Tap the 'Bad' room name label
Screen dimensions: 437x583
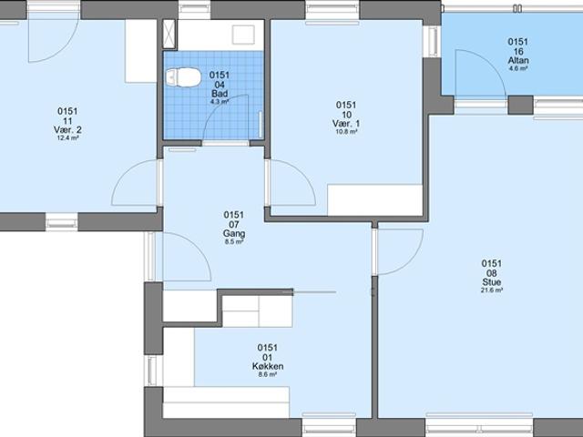[x=219, y=93]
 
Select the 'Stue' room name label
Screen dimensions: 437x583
[x=492, y=283]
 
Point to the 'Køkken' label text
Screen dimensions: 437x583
[x=268, y=367]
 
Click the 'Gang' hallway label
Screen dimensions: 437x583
[x=234, y=234]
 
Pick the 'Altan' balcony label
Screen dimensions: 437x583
[x=518, y=61]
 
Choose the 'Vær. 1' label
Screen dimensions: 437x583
[x=346, y=124]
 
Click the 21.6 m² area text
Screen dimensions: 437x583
[x=492, y=290]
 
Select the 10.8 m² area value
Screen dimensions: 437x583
[x=346, y=132]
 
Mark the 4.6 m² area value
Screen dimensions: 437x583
[x=518, y=69]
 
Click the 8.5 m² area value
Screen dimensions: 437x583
[x=234, y=242]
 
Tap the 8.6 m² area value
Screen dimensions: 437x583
[x=268, y=375]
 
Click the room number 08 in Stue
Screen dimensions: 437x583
[x=492, y=273]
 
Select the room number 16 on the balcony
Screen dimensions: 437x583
[x=518, y=52]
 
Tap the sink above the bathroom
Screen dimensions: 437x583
[x=243, y=35]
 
